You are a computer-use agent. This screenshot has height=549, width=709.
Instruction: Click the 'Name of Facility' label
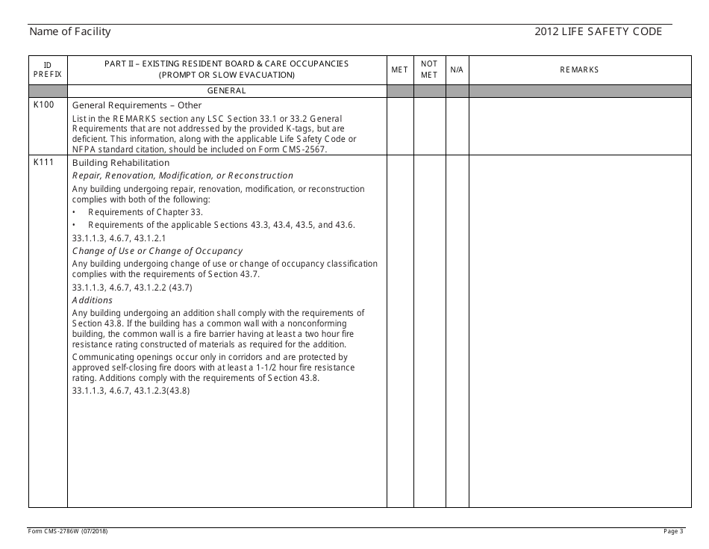pyautogui.click(x=70, y=31)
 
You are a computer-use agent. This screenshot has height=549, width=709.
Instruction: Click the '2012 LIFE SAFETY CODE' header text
pyautogui.click(x=599, y=31)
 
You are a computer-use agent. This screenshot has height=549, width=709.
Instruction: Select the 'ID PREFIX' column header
pyautogui.click(x=48, y=69)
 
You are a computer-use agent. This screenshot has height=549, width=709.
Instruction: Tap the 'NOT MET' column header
pyautogui.click(x=429, y=69)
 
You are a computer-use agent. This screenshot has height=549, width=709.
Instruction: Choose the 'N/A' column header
pyautogui.click(x=457, y=69)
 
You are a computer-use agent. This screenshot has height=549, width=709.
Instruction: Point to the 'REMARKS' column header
pyautogui.click(x=579, y=69)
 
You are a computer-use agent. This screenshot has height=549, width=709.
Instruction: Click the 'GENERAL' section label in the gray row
pyautogui.click(x=227, y=91)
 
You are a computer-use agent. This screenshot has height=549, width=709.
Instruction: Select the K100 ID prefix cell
pyautogui.click(x=44, y=105)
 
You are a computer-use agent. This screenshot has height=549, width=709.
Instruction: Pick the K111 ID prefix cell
pyautogui.click(x=44, y=163)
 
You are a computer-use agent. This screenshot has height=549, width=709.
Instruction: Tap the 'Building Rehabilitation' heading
pyautogui.click(x=121, y=163)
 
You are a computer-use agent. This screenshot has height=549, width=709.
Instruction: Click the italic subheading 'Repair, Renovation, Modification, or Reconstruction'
pyautogui.click(x=183, y=176)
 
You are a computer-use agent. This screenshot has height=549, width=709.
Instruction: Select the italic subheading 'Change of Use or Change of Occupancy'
pyautogui.click(x=157, y=251)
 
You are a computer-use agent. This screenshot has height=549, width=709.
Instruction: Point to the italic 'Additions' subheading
pyautogui.click(x=93, y=300)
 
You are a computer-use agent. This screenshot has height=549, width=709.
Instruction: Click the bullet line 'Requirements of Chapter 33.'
pyautogui.click(x=140, y=213)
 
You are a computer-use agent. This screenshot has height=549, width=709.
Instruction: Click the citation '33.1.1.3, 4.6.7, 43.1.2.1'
pyautogui.click(x=119, y=238)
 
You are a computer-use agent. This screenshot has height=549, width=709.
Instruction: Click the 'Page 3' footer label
pyautogui.click(x=673, y=531)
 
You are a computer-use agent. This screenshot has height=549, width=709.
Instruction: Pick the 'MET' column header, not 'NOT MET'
pyautogui.click(x=400, y=69)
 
